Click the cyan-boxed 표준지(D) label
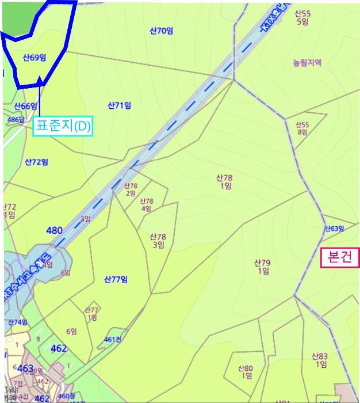click(x=63, y=127)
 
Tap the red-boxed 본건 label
click(x=340, y=257)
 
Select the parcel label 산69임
click(x=35, y=58)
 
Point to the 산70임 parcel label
click(x=161, y=31)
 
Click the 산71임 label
click(x=120, y=105)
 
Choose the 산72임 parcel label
click(x=36, y=162)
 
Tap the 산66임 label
click(x=25, y=106)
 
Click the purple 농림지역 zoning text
click(x=307, y=62)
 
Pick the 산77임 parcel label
click(x=116, y=280)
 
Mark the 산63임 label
click(x=334, y=229)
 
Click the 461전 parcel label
click(x=113, y=339)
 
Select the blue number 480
click(x=54, y=231)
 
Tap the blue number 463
click(x=25, y=368)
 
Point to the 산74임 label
click(x=18, y=322)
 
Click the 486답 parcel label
click(x=16, y=119)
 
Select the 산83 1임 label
click(x=320, y=360)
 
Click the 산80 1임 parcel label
click(x=246, y=372)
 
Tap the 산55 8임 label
click(x=302, y=128)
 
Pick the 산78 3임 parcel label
click(x=158, y=241)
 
